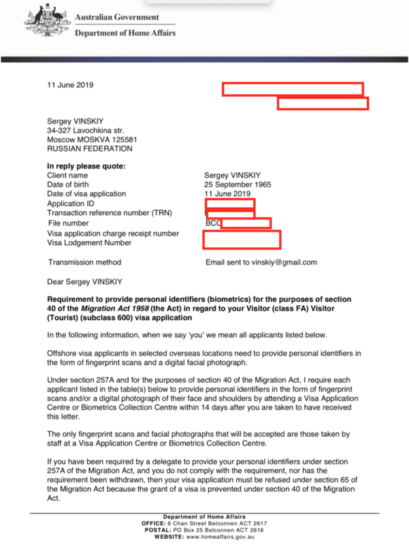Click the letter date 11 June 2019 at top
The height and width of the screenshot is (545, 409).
point(70,85)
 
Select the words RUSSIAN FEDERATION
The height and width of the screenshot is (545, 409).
point(90,149)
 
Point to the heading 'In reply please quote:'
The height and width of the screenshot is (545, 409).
point(86,166)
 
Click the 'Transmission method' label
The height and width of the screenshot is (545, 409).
point(84,262)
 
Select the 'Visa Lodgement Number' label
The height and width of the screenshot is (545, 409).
point(89,243)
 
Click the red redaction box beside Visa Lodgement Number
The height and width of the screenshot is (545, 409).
point(242,240)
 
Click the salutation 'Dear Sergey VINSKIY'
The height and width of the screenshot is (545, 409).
point(85,281)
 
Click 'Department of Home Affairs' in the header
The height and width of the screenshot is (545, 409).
point(125,33)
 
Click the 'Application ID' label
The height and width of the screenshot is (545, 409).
point(71,204)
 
